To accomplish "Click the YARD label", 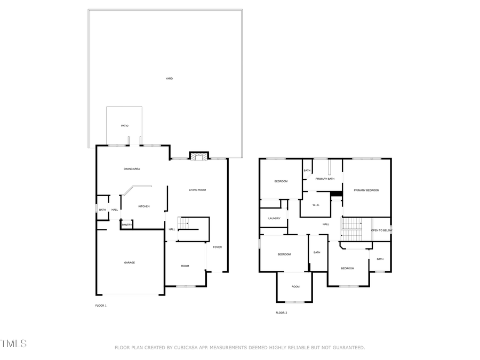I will [169, 78].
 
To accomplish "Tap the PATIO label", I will [124, 126].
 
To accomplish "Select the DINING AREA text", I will [132, 169].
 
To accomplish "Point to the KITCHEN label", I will [144, 206].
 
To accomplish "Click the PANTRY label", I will [127, 225].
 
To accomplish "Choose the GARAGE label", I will [130, 262].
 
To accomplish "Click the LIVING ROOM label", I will [197, 190].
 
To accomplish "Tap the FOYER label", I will [217, 247].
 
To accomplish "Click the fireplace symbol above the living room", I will [198, 156].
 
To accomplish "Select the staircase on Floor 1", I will [185, 224].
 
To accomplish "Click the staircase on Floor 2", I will [351, 229].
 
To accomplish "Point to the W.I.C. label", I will [316, 205].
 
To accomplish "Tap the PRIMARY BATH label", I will [324, 179].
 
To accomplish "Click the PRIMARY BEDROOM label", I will [366, 190].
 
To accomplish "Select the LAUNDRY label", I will [274, 218].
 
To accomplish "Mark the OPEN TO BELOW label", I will [381, 230].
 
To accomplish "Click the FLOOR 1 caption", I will [101, 306].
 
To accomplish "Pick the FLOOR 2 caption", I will [281, 313].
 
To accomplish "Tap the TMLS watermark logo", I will [13, 343].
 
